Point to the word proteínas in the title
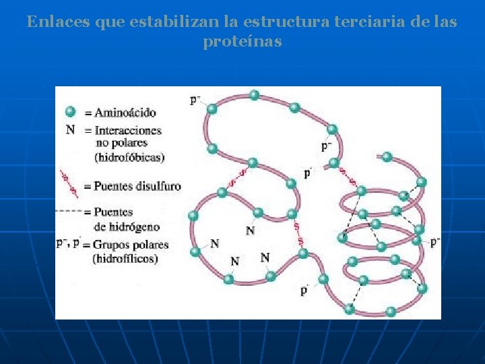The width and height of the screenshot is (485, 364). pos(242,42)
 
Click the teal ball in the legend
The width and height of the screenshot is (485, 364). pos(70,112)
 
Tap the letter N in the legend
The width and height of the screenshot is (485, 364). pos(70,129)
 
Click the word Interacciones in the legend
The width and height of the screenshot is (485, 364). pos(128,130)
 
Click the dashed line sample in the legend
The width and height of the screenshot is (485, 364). pos(69,212)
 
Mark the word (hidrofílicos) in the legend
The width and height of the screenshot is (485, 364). pos(125,258)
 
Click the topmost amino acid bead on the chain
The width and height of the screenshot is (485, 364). pos(254,95)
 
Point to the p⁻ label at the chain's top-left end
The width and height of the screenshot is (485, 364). pos(195,100)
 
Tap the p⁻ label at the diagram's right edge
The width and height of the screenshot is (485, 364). pos(435,241)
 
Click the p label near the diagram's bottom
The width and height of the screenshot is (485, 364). pos(304,290)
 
